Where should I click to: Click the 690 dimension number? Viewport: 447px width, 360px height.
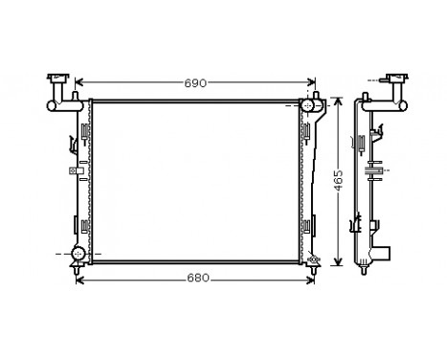click(195, 83)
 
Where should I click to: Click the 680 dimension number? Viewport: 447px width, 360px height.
click(195, 279)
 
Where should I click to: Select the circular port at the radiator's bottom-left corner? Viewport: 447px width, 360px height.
click(79, 255)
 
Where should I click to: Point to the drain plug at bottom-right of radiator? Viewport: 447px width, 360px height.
click(312, 257)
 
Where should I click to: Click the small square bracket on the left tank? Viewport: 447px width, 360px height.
click(72, 171)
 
